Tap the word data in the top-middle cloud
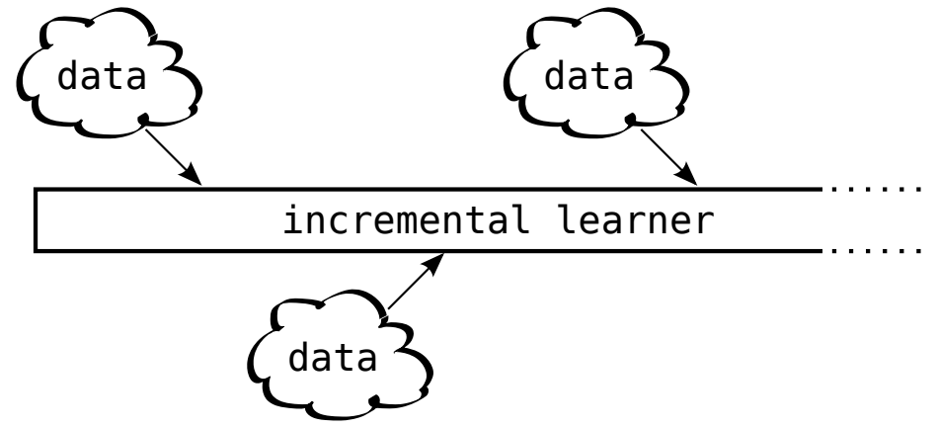[x=590, y=77]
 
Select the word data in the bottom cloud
[x=331, y=360]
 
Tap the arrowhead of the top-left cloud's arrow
[x=195, y=180]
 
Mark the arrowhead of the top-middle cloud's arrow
[x=692, y=180]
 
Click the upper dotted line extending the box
[x=879, y=188]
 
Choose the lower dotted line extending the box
[x=879, y=250]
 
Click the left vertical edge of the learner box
[x=37, y=218]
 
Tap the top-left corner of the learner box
[x=37, y=189]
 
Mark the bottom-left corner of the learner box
[x=37, y=249]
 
